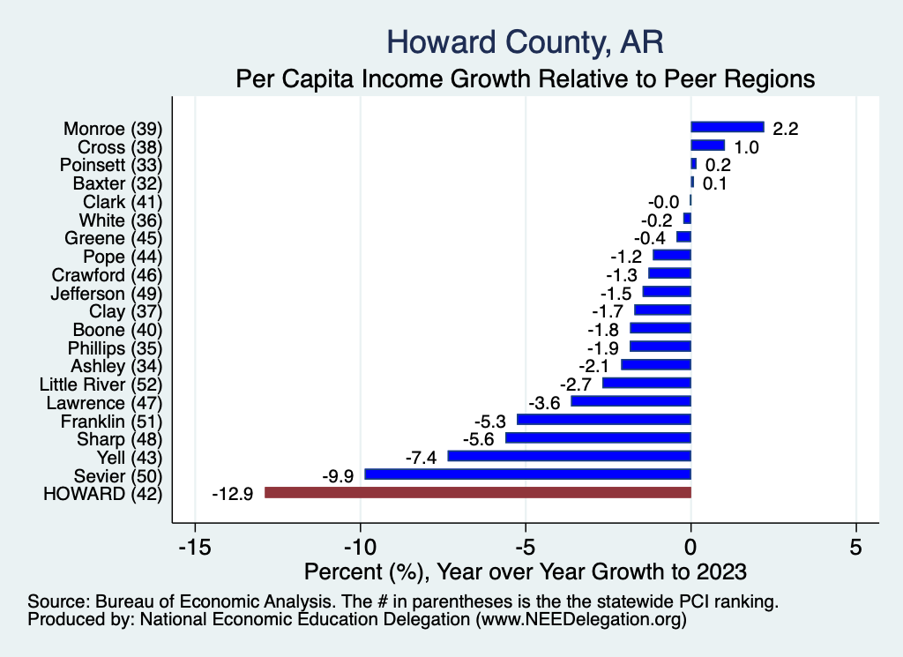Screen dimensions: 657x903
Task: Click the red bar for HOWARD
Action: tap(477, 493)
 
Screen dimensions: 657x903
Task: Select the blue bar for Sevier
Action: tap(527, 474)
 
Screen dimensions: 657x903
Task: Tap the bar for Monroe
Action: tap(727, 128)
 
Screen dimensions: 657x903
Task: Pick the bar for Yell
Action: tap(569, 456)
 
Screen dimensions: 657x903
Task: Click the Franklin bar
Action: tap(603, 420)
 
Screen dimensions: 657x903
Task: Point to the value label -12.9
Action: tap(233, 494)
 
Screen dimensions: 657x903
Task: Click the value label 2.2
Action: tap(785, 129)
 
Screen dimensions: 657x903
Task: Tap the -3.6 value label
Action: tap(545, 402)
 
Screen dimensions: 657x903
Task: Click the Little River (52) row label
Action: tap(101, 384)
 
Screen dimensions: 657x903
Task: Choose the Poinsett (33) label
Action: tap(111, 165)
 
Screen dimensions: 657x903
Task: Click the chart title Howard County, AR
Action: tap(525, 41)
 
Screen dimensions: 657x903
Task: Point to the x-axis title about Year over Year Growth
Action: tap(525, 571)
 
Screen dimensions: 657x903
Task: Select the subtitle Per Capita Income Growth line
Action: tap(525, 79)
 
